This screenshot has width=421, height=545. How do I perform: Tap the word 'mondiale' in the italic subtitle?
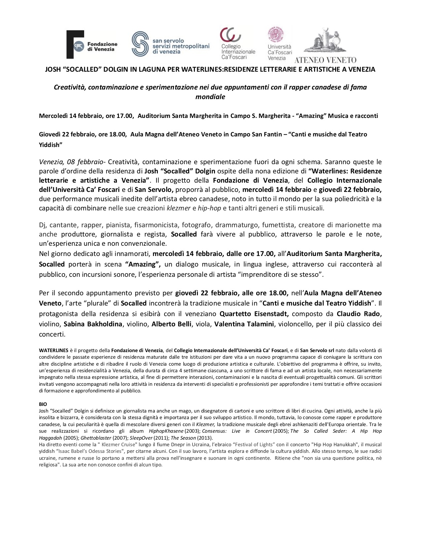point(210,97)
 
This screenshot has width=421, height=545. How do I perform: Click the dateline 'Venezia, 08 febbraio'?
point(71,162)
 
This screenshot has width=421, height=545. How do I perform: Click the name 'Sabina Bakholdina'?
point(93,324)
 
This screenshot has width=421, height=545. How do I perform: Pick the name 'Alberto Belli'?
point(171,324)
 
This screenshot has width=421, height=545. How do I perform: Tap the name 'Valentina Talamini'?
point(244,324)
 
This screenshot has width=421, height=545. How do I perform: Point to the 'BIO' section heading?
point(43,404)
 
